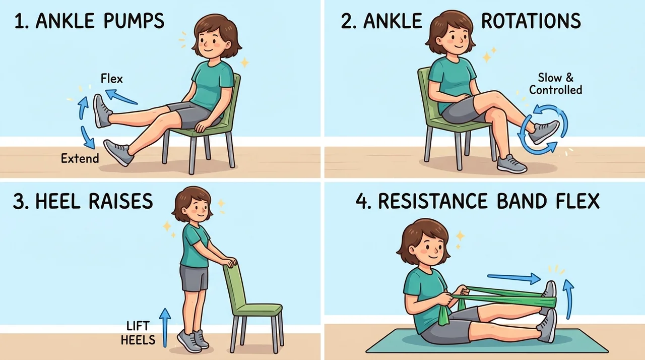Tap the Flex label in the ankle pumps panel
[112, 79]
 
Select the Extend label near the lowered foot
[80, 158]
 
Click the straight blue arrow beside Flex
[121, 96]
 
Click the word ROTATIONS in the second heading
[531, 21]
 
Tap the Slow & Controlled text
[555, 84]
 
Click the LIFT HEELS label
[138, 333]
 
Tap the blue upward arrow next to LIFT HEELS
[165, 327]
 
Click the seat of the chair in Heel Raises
[259, 309]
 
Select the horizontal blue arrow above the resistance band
[513, 278]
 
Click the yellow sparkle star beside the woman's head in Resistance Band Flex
[460, 236]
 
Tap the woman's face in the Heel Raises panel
[198, 209]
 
